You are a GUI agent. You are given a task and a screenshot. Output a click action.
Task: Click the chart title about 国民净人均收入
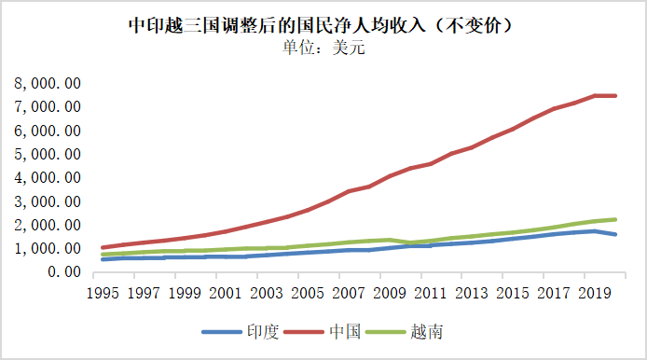tap(320, 25)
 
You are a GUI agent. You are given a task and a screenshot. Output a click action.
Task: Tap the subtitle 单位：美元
tap(323, 48)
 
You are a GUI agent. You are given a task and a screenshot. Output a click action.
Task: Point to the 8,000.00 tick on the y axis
tap(48, 83)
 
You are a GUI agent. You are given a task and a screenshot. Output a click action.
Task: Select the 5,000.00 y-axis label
tap(48, 155)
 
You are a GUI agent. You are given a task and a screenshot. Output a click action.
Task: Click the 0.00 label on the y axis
tap(64, 272)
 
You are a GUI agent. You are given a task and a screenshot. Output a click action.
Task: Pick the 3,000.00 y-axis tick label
tap(48, 201)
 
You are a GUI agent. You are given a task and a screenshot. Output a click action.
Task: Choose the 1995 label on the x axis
tap(103, 293)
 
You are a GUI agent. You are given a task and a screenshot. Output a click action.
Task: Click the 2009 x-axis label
tap(390, 293)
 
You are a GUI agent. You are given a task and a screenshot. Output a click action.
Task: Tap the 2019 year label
tap(594, 293)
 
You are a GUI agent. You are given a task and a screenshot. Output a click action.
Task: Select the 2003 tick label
tap(267, 293)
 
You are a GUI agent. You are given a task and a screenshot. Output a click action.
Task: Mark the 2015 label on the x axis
tap(513, 293)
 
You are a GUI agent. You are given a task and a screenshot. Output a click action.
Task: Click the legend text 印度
tap(263, 332)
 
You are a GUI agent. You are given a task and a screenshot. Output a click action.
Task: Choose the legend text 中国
tap(345, 332)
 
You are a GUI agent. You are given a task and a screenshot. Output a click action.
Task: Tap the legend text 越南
tap(427, 332)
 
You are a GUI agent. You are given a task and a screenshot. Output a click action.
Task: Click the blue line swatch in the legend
tap(222, 332)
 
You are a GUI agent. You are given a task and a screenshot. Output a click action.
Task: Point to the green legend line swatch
tap(386, 332)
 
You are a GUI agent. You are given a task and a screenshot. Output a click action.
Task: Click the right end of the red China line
tap(615, 96)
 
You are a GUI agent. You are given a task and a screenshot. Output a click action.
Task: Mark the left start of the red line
tap(103, 248)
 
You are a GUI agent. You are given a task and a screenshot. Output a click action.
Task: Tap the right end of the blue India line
tap(615, 234)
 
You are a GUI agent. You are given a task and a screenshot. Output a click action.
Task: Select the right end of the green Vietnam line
tap(615, 219)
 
